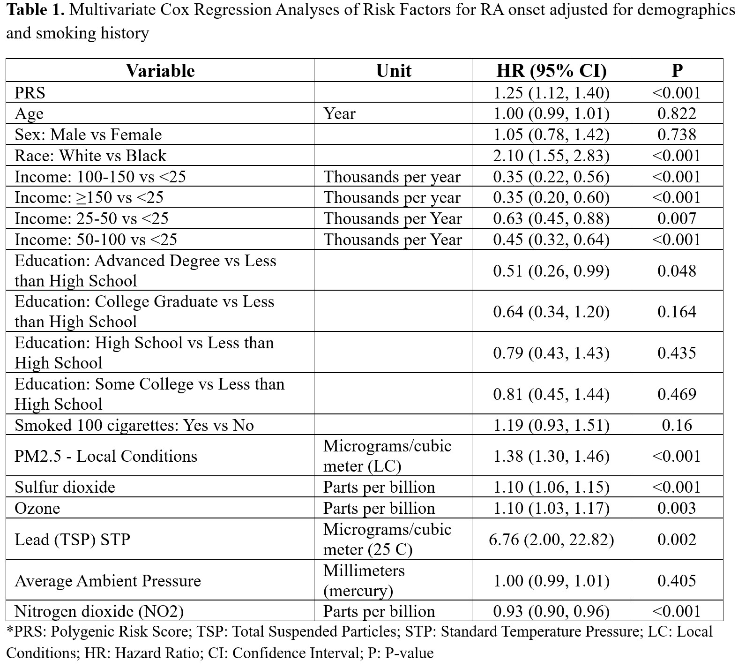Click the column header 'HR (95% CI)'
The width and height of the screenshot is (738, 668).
tap(551, 71)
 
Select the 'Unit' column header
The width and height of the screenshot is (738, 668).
tap(394, 71)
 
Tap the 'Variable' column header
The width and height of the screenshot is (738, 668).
tap(160, 71)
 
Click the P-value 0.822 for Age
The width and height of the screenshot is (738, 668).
tap(677, 113)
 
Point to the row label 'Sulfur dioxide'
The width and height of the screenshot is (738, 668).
tap(65, 487)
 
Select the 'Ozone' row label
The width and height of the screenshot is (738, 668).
tap(37, 508)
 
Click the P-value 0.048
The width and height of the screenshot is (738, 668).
tap(677, 270)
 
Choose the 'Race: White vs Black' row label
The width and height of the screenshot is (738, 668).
tap(90, 156)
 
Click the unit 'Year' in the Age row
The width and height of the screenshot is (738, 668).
tap(339, 113)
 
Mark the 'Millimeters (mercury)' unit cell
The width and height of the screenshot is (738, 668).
tap(364, 580)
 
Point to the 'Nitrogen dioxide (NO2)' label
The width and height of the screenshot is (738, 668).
tap(99, 611)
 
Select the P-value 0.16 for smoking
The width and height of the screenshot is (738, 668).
tap(677, 425)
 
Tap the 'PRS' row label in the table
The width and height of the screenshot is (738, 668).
tap(30, 93)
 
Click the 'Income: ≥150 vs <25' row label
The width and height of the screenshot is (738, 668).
tap(89, 197)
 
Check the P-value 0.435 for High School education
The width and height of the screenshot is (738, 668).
tap(677, 353)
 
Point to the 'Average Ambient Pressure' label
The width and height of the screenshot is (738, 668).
tap(108, 581)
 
